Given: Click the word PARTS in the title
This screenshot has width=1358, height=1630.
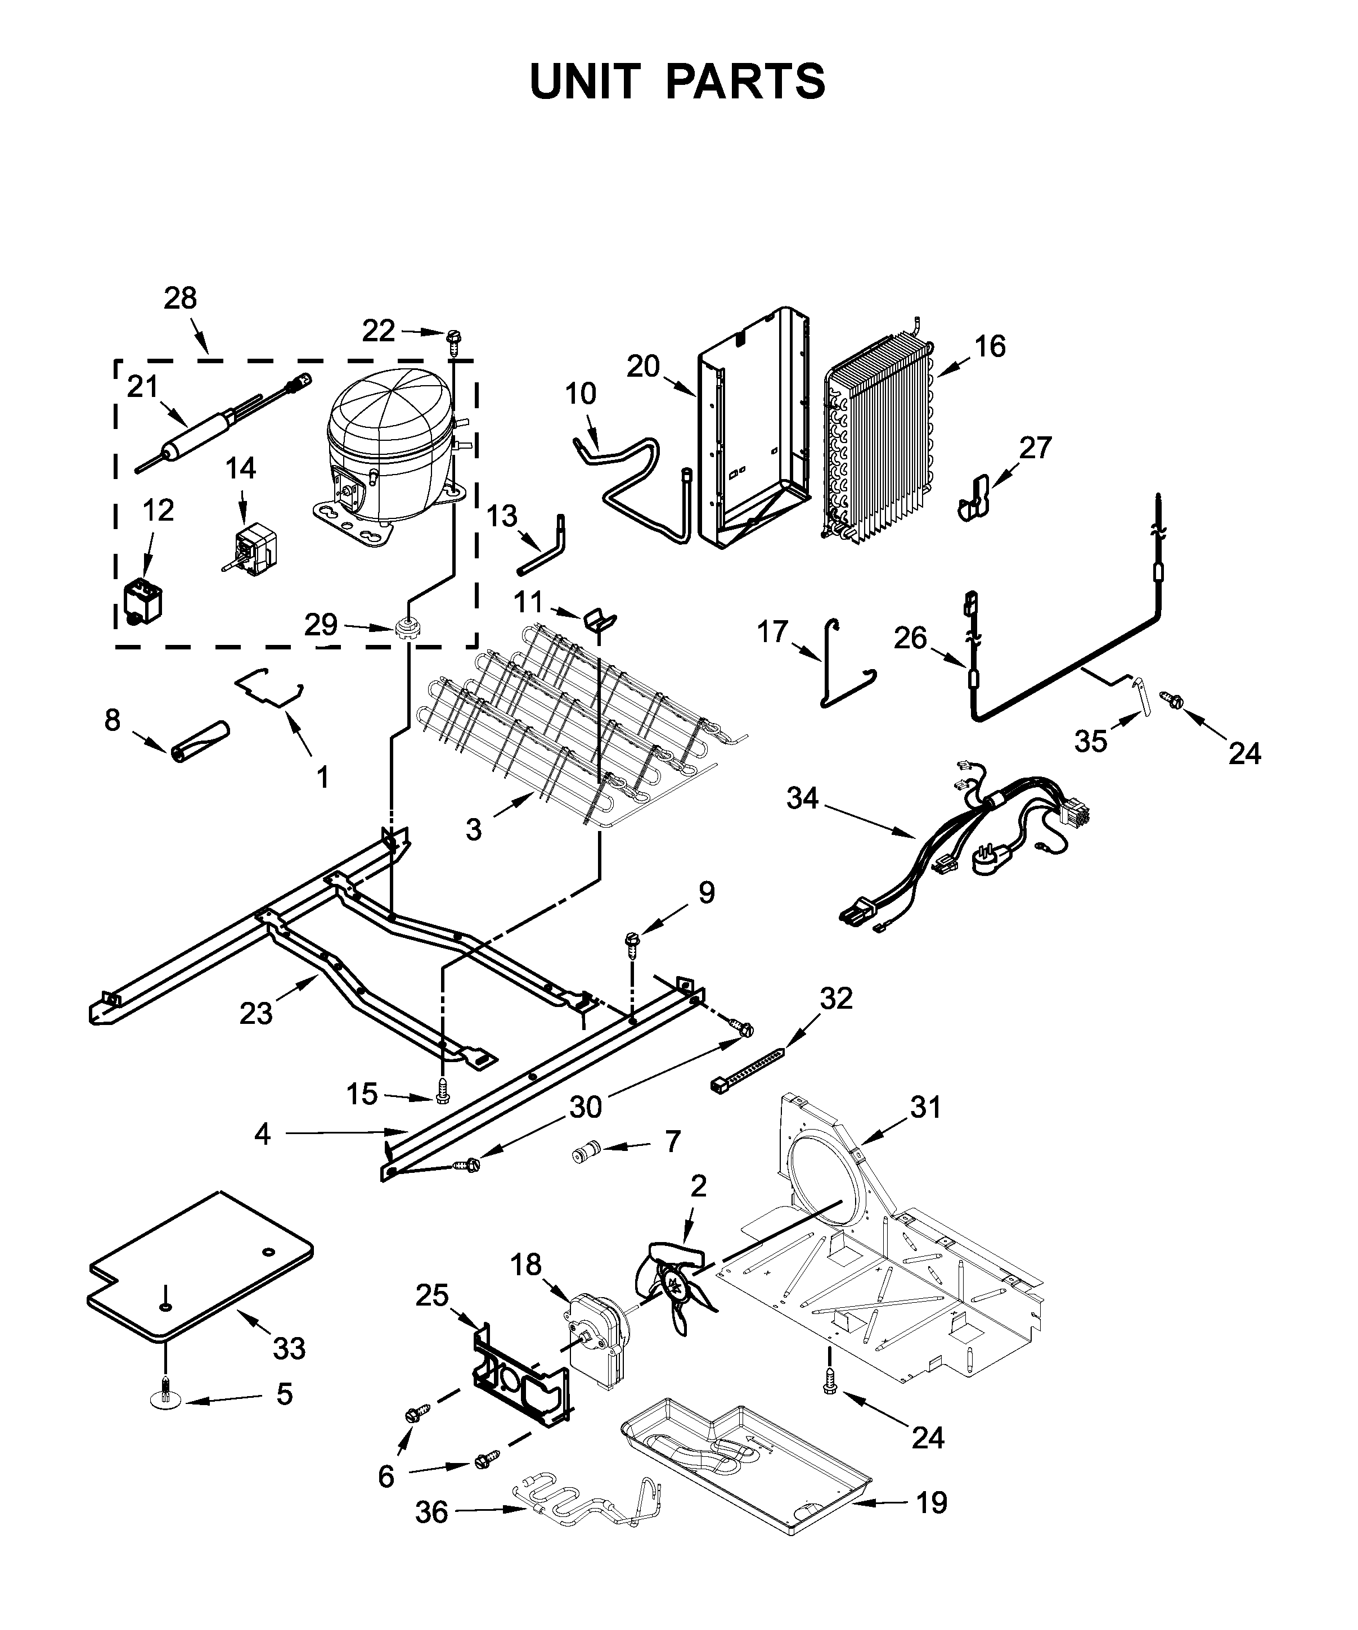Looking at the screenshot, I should click(745, 82).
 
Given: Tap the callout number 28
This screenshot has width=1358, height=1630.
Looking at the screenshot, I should click(180, 298).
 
